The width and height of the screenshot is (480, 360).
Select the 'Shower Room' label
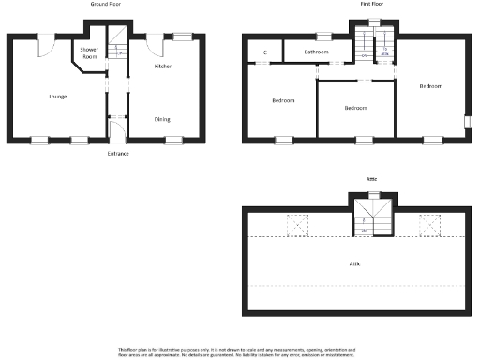[89, 52]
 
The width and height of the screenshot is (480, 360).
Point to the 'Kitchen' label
[163, 67]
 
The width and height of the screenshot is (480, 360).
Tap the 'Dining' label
[163, 119]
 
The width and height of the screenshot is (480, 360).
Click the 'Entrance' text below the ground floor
[118, 153]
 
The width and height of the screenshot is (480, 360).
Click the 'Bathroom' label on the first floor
[316, 52]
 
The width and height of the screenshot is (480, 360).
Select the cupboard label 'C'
[265, 52]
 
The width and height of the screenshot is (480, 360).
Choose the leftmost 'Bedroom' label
[284, 100]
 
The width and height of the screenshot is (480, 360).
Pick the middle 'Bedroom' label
[355, 108]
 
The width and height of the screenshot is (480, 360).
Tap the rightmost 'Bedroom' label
[430, 86]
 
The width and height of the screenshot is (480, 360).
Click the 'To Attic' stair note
[384, 53]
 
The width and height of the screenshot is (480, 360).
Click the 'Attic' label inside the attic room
[355, 264]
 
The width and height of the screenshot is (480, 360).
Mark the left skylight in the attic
[298, 225]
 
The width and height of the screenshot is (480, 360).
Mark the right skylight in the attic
[430, 225]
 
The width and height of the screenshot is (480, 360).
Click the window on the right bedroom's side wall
[467, 120]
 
